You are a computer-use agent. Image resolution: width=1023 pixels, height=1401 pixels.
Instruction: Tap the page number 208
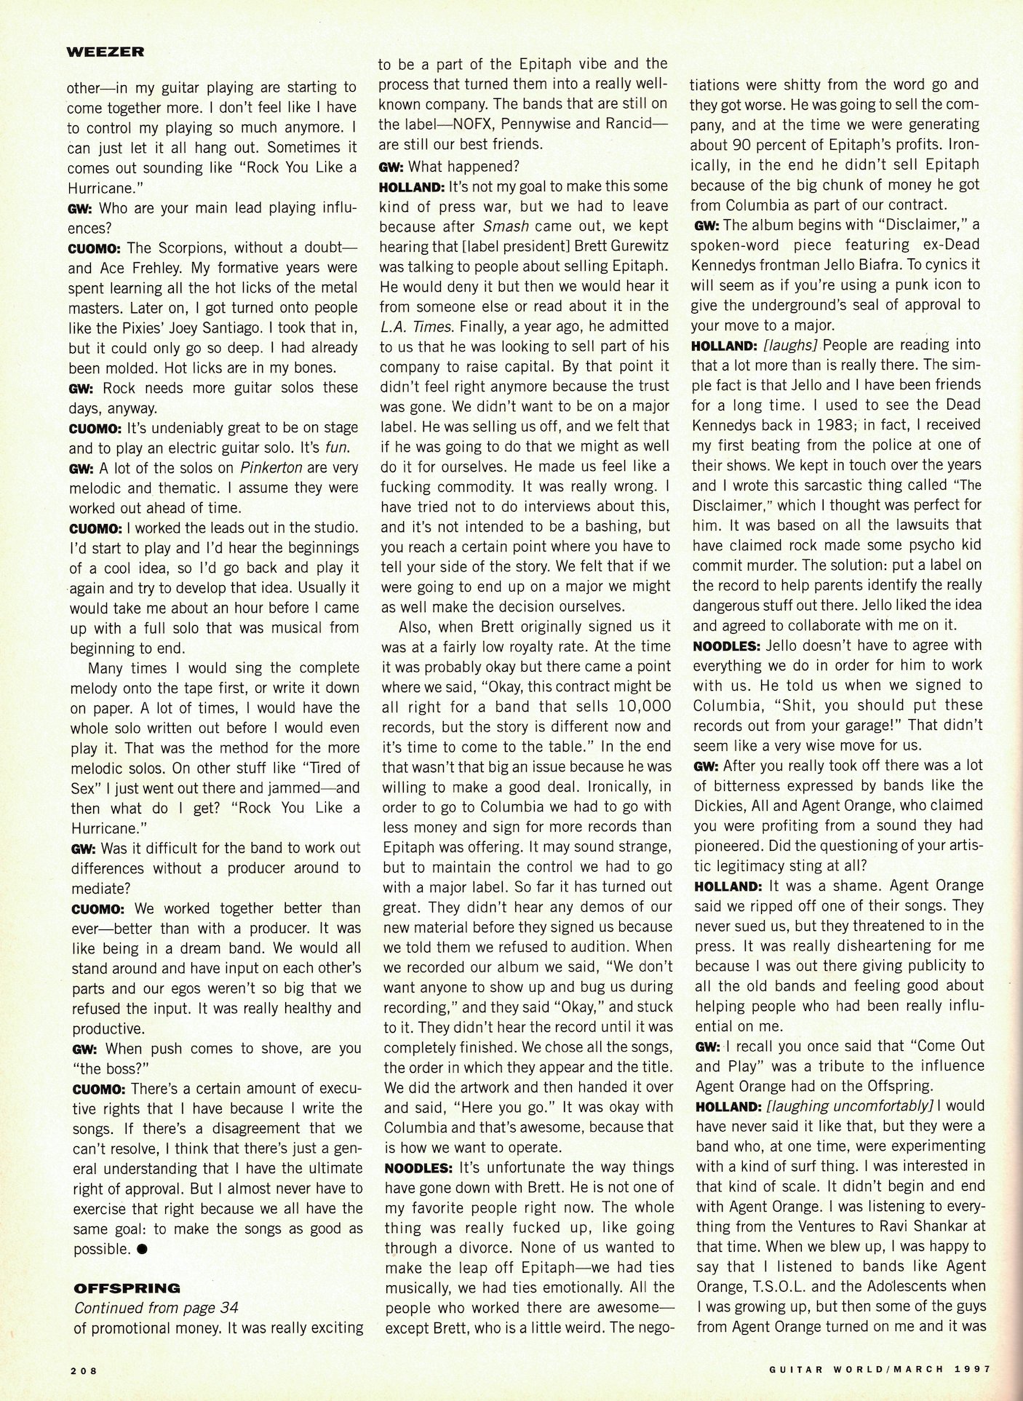point(84,1369)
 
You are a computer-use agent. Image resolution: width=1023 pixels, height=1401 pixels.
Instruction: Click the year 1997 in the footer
point(972,1368)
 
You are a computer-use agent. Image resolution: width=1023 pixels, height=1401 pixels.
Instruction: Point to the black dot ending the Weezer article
point(142,1249)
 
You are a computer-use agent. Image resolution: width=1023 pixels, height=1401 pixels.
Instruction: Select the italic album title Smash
point(506,226)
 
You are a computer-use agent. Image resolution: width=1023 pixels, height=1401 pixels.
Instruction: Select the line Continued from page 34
point(156,1308)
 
